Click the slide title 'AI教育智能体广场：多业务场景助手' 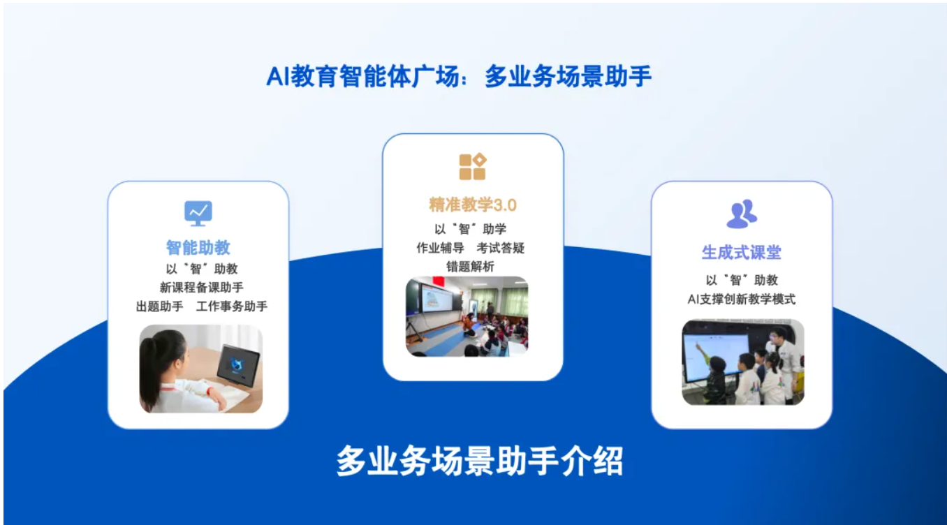[459, 77]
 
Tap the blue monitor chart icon [198, 213]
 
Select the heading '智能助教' [198, 248]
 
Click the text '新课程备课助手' [201, 288]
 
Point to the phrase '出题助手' [159, 306]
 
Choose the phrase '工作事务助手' [232, 306]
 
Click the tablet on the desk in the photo [238, 365]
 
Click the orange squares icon [473, 166]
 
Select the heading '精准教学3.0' [473, 205]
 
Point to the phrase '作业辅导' [440, 248]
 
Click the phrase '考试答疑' [501, 248]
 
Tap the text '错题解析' [470, 266]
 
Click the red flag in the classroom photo [439, 281]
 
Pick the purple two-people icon [742, 214]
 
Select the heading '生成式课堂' [742, 252]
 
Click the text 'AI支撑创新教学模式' [742, 299]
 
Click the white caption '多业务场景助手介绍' [479, 461]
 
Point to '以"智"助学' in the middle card [470, 229]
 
